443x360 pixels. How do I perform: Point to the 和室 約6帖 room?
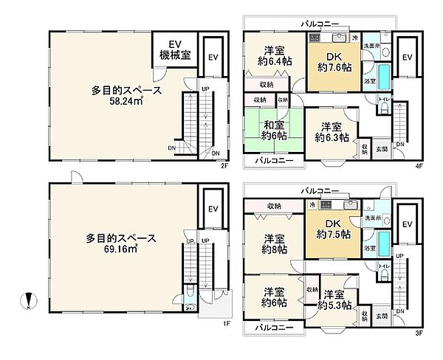[272, 130]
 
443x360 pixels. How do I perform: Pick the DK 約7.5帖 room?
[332, 233]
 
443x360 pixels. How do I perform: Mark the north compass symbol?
[28, 301]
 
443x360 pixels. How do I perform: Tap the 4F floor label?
[419, 165]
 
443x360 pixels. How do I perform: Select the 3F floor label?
[419, 332]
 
